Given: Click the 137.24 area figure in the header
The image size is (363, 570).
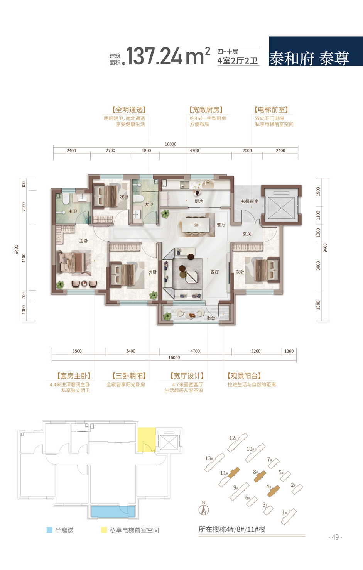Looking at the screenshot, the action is coord(154,56).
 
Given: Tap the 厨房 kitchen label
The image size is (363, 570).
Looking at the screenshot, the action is coord(199,201).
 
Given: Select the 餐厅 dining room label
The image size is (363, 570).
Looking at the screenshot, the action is coord(221,225).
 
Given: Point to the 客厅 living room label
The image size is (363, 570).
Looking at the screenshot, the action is coord(215,272).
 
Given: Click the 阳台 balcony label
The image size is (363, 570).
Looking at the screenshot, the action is coord(211,318).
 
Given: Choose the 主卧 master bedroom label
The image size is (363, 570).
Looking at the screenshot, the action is coord(83,241).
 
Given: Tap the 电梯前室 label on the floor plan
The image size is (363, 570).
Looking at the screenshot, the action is coord(250,201).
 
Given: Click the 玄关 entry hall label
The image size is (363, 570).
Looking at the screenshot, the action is coord(247,234).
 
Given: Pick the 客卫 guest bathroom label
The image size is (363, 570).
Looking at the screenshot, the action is coord(149,204).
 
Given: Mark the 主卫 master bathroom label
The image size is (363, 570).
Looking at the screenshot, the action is coord(73,211).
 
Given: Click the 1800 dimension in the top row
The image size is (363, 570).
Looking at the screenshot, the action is coord(146,151).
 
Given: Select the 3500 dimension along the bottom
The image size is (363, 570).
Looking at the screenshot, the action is coord(77,351).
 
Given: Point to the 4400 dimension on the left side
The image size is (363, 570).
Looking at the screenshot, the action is coord(24,258).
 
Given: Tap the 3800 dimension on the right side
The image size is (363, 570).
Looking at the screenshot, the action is coord(318,266).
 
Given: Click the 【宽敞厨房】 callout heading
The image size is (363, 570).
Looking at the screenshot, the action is coord(206,110).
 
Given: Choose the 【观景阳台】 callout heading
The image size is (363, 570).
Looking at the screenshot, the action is coord(244,376).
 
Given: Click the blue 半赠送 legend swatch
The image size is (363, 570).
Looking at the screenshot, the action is coord(49,530).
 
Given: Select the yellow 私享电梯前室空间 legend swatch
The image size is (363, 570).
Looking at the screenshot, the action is coord(104,530).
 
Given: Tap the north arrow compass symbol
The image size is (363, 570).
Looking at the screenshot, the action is coord(204,509).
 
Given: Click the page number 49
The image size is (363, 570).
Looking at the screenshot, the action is coord(335,537).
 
